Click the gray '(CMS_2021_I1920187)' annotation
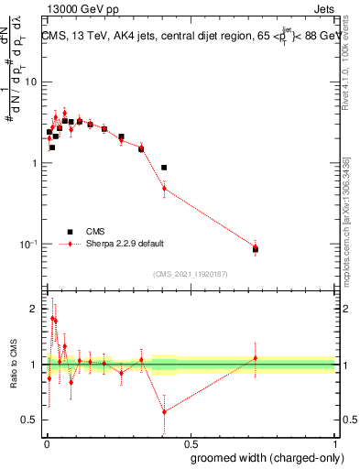(x=191, y=274)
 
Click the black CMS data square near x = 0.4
(x=164, y=168)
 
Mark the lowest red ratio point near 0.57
(x=164, y=411)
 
